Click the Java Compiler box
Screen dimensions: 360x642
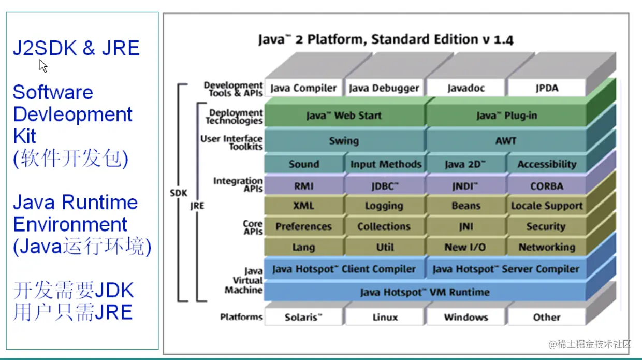303,88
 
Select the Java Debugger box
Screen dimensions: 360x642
384,88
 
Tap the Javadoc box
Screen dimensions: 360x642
466,88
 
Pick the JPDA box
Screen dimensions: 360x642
547,88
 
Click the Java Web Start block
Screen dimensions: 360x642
344,116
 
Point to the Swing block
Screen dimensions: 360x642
344,140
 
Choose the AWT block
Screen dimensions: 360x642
506,140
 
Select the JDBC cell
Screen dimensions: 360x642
384,186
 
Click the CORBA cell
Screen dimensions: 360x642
547,186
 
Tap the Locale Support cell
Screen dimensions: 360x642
547,206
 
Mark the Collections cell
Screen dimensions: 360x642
384,226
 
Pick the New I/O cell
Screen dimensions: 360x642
465,247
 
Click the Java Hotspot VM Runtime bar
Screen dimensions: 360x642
425,292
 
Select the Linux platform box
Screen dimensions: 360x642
385,317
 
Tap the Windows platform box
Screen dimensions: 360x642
466,317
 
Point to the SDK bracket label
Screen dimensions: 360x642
178,193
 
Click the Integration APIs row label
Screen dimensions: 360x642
238,184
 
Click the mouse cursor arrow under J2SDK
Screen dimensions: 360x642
43,65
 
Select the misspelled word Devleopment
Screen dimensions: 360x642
72,114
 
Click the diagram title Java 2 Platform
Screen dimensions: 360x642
386,39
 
